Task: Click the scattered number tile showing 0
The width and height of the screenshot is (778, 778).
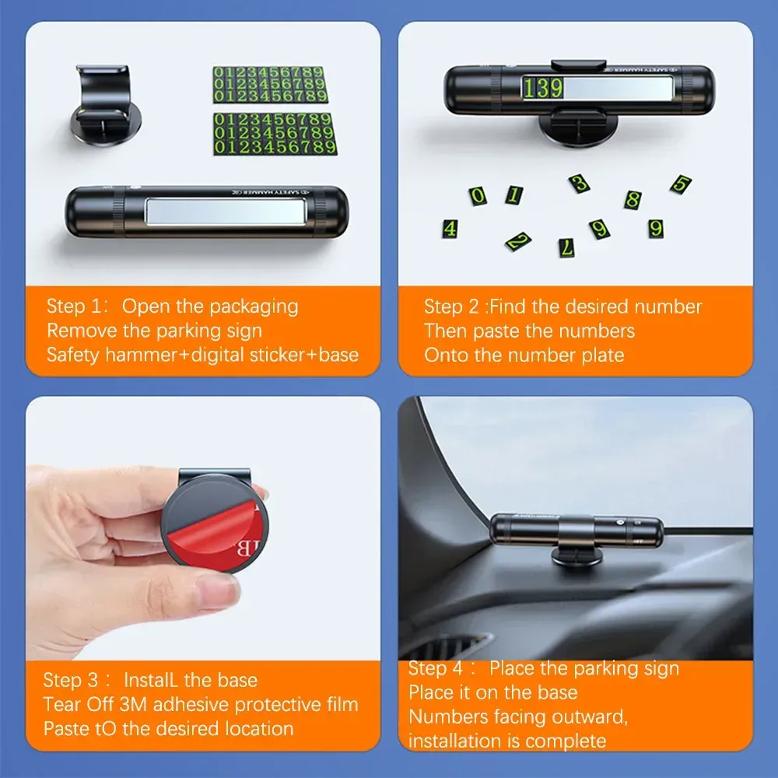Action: point(478,196)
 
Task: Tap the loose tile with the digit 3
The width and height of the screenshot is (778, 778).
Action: point(579,183)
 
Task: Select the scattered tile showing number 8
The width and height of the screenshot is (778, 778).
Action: point(633,200)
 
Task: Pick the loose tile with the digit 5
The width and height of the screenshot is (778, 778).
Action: point(681,184)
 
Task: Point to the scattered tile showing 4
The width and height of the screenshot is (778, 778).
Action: point(450,229)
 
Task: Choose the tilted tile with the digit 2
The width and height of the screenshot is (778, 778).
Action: point(518,241)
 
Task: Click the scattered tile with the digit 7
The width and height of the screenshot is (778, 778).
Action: point(566,247)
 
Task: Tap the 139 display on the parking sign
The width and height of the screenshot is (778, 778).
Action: point(542,89)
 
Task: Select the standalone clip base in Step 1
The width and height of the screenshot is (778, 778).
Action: point(106,105)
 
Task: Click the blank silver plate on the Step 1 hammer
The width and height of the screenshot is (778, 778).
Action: point(226,210)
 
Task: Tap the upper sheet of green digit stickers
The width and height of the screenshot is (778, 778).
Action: point(271,84)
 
